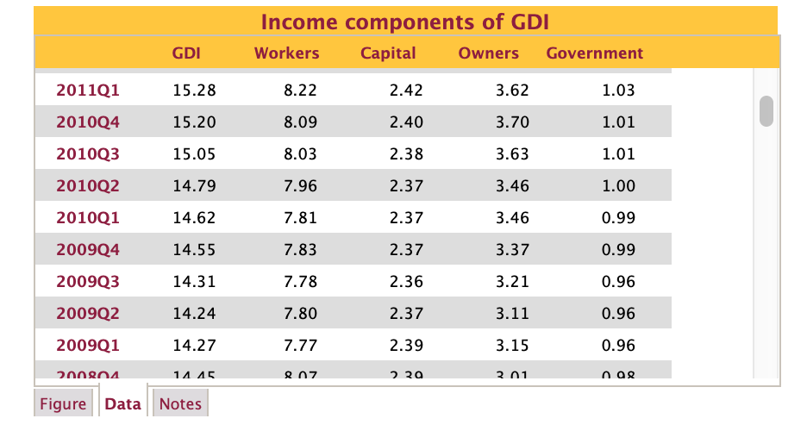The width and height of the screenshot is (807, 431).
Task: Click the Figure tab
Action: tap(63, 403)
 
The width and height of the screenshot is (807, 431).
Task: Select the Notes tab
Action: tap(180, 403)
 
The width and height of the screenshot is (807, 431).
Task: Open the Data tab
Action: tap(122, 403)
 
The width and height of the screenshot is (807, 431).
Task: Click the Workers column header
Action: tap(286, 53)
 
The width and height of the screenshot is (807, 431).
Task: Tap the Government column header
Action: tap(594, 53)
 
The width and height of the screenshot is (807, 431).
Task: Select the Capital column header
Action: tap(388, 53)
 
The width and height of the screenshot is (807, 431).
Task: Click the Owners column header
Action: tap(488, 53)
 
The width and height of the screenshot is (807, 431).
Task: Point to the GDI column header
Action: tap(186, 53)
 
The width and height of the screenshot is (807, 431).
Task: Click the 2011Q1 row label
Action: tap(88, 90)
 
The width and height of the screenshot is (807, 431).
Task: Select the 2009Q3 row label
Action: tap(88, 281)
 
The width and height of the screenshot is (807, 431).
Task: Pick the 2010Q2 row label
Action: tap(88, 185)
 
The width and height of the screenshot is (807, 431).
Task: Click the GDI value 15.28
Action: tap(194, 90)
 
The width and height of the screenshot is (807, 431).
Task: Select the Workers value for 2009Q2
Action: tap(300, 313)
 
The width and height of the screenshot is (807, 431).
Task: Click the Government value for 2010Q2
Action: tap(618, 185)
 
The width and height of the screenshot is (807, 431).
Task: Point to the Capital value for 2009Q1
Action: tap(406, 345)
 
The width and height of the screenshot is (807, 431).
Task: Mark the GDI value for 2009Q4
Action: tap(194, 249)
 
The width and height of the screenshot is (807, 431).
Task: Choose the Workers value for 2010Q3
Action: tap(300, 153)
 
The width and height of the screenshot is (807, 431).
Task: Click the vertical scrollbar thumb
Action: tap(766, 111)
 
